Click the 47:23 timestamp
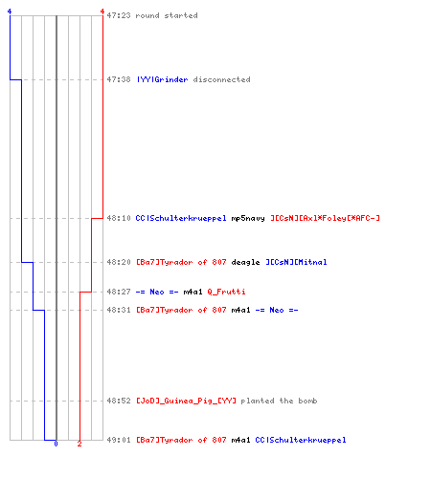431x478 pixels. pyautogui.click(x=119, y=15)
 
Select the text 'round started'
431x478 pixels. pyautogui.click(x=167, y=15)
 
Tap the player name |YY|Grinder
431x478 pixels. pyautogui.click(x=162, y=79)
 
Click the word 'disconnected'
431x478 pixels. pyautogui.click(x=221, y=79)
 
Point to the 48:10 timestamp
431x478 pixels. pyautogui.click(x=119, y=218)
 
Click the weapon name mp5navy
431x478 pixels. pyautogui.click(x=248, y=218)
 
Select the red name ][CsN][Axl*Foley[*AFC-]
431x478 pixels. pyautogui.click(x=325, y=218)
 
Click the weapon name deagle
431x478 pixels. pyautogui.click(x=245, y=262)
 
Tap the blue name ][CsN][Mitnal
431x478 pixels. pyautogui.click(x=296, y=262)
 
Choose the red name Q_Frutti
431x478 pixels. pyautogui.click(x=226, y=292)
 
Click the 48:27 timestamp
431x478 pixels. pyautogui.click(x=119, y=292)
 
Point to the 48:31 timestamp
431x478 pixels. pyautogui.click(x=119, y=310)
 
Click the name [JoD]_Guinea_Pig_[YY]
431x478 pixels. pyautogui.click(x=186, y=401)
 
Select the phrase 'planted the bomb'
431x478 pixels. pyautogui.click(x=279, y=401)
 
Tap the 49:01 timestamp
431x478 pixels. pyautogui.click(x=119, y=440)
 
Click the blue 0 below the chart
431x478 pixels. pyautogui.click(x=56, y=444)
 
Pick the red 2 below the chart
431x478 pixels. pyautogui.click(x=79, y=444)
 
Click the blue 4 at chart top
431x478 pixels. pyautogui.click(x=10, y=11)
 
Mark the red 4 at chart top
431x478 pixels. pyautogui.click(x=102, y=11)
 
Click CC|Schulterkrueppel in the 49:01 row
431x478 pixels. pyautogui.click(x=301, y=440)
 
